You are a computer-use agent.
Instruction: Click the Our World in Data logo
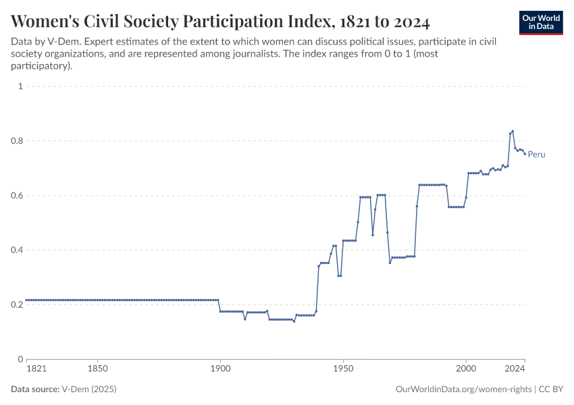click(x=540, y=22)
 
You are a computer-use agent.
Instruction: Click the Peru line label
click(x=536, y=155)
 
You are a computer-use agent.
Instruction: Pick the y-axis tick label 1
click(x=21, y=86)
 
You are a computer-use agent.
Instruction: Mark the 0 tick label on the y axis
click(x=21, y=359)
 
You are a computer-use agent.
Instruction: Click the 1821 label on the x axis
click(x=36, y=370)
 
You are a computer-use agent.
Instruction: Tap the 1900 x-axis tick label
click(x=220, y=370)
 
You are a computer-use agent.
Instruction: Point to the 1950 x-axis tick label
click(x=343, y=370)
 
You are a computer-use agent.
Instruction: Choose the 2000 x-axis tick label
click(x=466, y=370)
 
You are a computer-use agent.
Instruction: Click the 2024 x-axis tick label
click(x=515, y=370)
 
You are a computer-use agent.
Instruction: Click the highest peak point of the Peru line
click(x=513, y=131)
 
